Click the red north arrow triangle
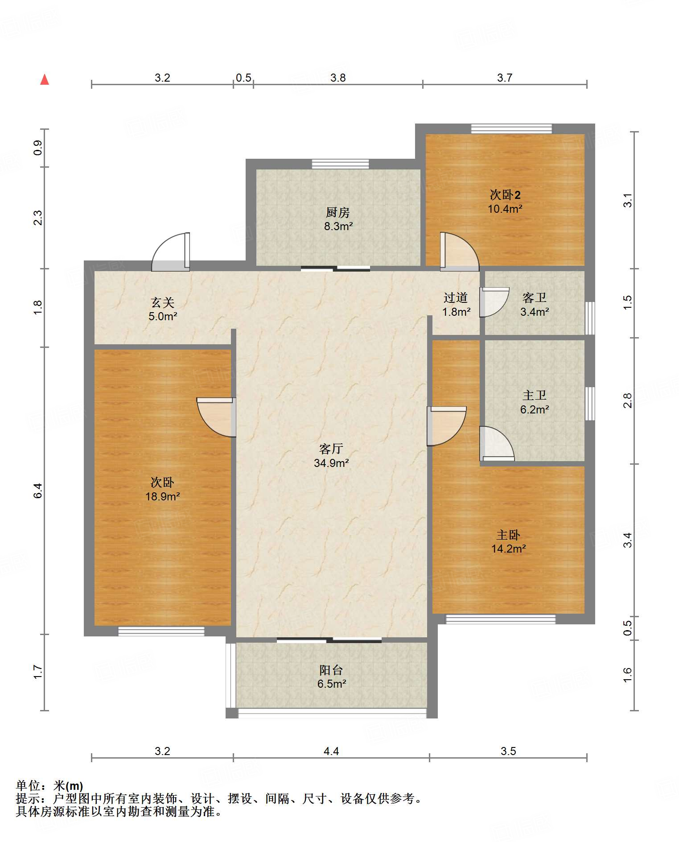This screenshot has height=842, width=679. click(45, 79)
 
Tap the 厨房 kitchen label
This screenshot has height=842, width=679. click(337, 212)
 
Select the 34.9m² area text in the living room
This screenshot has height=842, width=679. click(331, 463)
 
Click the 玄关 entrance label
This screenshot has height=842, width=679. click(162, 302)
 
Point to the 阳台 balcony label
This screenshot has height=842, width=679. click(331, 670)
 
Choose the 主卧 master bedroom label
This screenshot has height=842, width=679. click(508, 535)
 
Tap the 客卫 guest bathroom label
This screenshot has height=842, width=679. click(534, 297)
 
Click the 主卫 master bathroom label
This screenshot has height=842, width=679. click(534, 395)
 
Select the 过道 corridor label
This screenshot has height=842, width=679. click(456, 297)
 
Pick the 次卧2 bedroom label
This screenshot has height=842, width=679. click(505, 195)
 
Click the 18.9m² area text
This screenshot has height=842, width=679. click(163, 496)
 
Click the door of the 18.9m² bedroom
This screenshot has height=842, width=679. click(216, 417)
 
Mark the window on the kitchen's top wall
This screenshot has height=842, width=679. click(340, 164)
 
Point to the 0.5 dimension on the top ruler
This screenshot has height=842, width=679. click(243, 78)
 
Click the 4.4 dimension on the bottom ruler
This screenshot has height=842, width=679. click(331, 751)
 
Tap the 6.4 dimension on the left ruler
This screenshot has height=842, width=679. click(38, 491)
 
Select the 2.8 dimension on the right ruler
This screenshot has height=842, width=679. click(627, 400)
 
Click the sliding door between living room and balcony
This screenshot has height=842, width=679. click(329, 640)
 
